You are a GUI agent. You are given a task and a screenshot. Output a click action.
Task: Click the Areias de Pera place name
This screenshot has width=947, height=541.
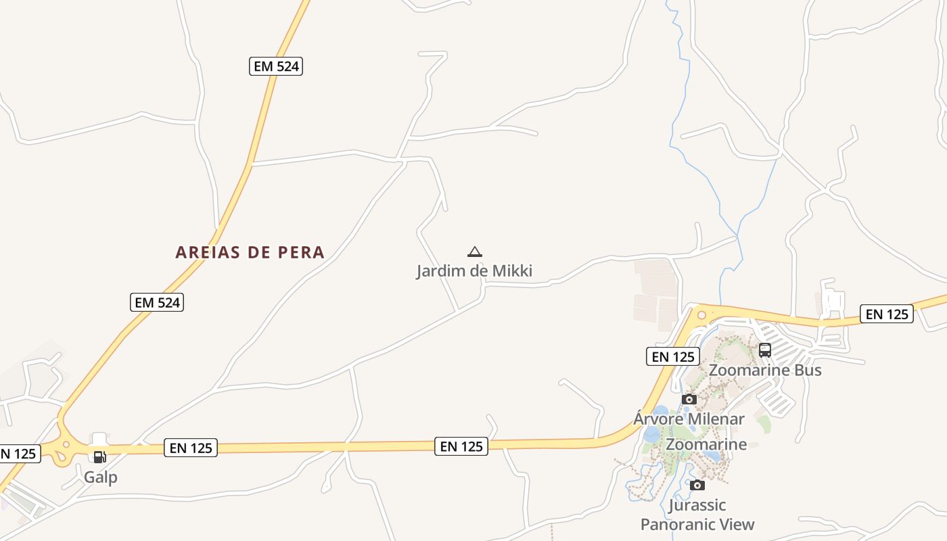click(x=250, y=252)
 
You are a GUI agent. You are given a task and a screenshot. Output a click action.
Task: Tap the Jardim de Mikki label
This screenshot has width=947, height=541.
click(x=474, y=271)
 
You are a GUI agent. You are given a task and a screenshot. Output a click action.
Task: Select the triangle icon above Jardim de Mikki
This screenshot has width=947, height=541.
click(x=475, y=252)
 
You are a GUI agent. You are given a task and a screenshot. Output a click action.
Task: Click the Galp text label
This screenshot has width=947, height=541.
click(x=101, y=477)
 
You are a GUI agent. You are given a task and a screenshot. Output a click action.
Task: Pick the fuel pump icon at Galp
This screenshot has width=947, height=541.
click(x=100, y=456)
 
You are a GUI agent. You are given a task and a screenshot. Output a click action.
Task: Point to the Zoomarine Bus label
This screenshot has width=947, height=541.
click(x=765, y=370)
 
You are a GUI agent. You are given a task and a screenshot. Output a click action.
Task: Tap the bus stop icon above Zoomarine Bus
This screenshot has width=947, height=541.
click(x=765, y=350)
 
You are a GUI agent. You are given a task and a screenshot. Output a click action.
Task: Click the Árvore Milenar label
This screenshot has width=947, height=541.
click(x=689, y=419)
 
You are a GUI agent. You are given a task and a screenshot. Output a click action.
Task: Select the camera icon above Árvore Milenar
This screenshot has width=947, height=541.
click(x=689, y=399)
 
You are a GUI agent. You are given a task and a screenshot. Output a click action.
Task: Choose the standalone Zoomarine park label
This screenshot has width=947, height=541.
click(x=706, y=444)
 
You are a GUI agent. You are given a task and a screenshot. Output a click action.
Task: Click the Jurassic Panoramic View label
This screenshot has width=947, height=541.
click(x=697, y=515)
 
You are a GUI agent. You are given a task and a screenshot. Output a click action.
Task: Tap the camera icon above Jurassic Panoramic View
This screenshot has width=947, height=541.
click(x=697, y=485)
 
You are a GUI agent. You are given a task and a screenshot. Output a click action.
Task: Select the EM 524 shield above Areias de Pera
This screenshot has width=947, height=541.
click(x=276, y=66)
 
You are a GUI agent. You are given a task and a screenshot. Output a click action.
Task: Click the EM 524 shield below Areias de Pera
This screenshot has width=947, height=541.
click(x=157, y=302)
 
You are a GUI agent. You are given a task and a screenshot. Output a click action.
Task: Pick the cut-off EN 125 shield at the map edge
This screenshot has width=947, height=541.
click(x=19, y=454)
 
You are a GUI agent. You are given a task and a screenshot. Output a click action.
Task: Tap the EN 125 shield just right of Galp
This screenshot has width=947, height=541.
click(x=191, y=448)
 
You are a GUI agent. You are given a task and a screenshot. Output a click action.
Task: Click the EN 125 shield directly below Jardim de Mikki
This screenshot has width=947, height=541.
click(x=461, y=446)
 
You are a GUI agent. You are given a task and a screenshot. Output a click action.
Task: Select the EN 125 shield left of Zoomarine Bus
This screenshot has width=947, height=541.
click(x=673, y=356)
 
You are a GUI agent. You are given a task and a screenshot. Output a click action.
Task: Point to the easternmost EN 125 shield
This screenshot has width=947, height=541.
click(x=887, y=314)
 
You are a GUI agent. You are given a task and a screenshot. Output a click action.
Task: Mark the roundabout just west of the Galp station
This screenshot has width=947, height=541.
click(x=66, y=445)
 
